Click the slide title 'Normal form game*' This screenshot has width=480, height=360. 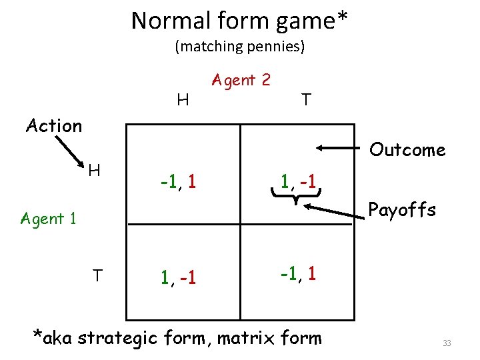[239, 21]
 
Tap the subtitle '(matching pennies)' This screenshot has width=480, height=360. [239, 47]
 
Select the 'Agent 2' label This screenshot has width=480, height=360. [241, 80]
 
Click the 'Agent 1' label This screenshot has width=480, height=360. [49, 218]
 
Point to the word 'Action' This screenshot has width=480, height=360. [53, 125]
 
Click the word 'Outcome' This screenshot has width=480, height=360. [407, 149]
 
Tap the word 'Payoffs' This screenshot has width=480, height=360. [402, 210]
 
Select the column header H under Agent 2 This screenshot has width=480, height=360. [182, 100]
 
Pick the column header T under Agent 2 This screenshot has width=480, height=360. [305, 100]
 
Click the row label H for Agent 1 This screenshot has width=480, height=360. [94, 171]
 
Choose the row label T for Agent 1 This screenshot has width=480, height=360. [97, 275]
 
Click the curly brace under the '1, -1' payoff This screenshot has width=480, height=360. [297, 194]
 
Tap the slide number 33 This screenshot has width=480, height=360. [447, 343]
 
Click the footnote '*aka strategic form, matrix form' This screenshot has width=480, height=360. [177, 337]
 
